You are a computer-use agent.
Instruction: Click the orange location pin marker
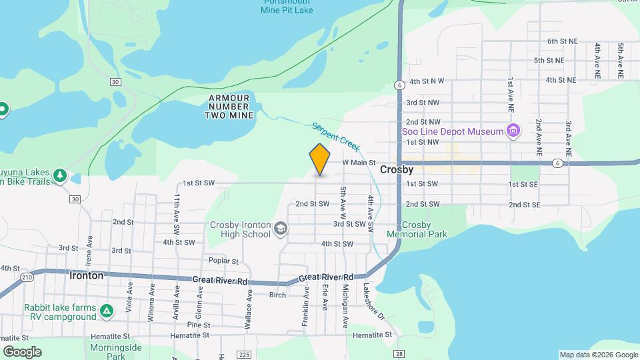[x=320, y=159]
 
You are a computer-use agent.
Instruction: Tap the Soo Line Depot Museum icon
[x=513, y=131]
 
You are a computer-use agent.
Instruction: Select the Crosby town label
[x=397, y=170]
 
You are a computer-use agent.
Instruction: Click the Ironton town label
[x=87, y=275]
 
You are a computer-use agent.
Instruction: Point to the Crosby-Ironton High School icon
[x=281, y=230]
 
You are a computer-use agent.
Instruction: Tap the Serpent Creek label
[x=336, y=136]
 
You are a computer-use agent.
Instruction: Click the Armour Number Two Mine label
[x=230, y=107]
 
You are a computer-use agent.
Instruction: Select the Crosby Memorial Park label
[x=417, y=229]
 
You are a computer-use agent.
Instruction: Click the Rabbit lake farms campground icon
[x=107, y=311]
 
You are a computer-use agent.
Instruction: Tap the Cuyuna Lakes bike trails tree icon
[x=61, y=175]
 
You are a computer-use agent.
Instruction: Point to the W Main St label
[x=359, y=162]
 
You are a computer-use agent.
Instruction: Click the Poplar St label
[x=223, y=261]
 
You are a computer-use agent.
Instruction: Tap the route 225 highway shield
[x=243, y=354]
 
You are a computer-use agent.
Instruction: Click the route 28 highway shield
[x=399, y=354]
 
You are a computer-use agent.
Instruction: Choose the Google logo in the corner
[x=22, y=351]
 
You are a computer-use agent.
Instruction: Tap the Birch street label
[x=277, y=295]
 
